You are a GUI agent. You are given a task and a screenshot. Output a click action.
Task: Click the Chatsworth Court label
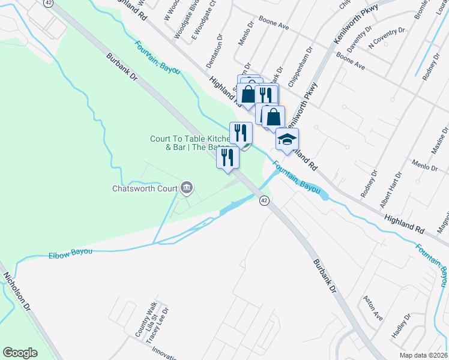pos(145,188)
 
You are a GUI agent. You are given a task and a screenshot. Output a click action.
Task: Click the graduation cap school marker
pos(287,140)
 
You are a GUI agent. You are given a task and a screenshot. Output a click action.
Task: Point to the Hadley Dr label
pos(400,325)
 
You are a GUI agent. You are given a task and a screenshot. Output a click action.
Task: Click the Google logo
pos(20,353)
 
